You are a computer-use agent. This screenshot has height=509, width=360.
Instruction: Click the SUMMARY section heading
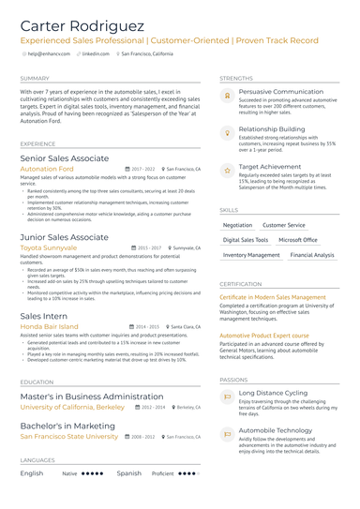pyautogui.click(x=35, y=78)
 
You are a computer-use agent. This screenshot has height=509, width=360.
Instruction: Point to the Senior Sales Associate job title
pyautogui.click(x=65, y=158)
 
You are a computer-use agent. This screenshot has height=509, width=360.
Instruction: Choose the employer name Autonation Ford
pyautogui.click(x=53, y=169)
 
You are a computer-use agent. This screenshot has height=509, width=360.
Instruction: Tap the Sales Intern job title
pyautogui.click(x=43, y=316)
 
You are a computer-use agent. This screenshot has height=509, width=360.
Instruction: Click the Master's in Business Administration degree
pyautogui.click(x=92, y=397)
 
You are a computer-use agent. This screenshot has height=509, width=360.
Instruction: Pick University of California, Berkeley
pyautogui.click(x=72, y=408)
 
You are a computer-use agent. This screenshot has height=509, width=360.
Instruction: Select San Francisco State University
pyautogui.click(x=69, y=436)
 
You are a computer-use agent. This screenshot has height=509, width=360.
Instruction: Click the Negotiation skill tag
pyautogui.click(x=238, y=225)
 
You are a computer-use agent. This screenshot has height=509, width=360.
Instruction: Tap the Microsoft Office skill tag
pyautogui.click(x=297, y=240)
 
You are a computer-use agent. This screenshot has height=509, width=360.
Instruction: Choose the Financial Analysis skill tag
pyautogui.click(x=312, y=255)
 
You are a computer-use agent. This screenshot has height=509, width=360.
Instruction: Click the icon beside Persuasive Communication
pyautogui.click(x=227, y=96)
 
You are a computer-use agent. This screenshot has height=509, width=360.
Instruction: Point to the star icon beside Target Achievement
pyautogui.click(x=227, y=171)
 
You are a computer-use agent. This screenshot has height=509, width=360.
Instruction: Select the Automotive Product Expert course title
pyautogui.click(x=263, y=335)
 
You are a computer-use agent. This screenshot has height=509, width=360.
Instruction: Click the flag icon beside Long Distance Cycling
pyautogui.click(x=227, y=397)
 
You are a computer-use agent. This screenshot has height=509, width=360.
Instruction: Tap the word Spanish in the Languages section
pyautogui.click(x=129, y=473)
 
